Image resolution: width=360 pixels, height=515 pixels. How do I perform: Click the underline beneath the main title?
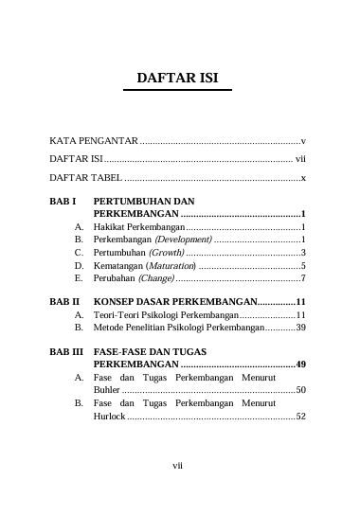[x=178, y=90]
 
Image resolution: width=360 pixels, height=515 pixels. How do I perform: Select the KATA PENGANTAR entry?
[x=93, y=139]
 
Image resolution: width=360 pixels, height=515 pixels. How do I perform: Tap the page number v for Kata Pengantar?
[x=302, y=139]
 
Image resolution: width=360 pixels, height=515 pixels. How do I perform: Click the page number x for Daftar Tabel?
[x=302, y=178]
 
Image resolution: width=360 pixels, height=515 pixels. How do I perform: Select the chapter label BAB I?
[x=63, y=202]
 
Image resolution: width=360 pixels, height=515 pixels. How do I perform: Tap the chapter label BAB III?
[x=66, y=350]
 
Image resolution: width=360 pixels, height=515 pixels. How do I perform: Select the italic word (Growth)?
[x=166, y=254]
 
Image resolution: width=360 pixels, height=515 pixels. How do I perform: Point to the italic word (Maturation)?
[x=171, y=266]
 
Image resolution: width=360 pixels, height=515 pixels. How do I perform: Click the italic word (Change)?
[x=156, y=279]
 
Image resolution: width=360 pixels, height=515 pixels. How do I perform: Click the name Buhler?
[x=107, y=390]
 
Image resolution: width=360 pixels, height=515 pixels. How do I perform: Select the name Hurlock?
[x=110, y=416]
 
